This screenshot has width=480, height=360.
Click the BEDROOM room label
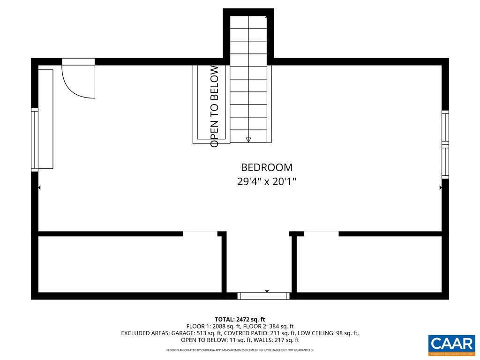(x=266, y=167)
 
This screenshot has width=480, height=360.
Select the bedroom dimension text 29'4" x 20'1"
(x=266, y=182)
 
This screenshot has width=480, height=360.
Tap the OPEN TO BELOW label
(x=215, y=106)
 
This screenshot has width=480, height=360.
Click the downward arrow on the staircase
(x=248, y=139)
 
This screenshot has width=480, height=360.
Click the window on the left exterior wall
(x=34, y=139)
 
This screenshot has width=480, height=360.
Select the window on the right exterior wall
(x=445, y=144)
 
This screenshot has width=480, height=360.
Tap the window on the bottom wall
(x=264, y=296)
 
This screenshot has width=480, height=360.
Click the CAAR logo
(x=452, y=345)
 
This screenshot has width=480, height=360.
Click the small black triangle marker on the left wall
(x=39, y=187)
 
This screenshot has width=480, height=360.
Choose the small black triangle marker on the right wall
(x=440, y=187)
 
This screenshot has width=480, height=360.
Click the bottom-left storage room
(x=129, y=265)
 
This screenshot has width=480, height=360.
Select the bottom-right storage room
(x=369, y=265)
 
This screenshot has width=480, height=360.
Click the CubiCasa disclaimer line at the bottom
(x=240, y=350)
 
